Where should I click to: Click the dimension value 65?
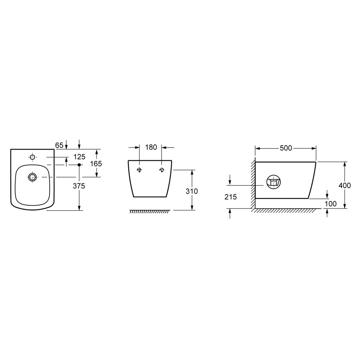click(x=59, y=145)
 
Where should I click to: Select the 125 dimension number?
click(x=80, y=157)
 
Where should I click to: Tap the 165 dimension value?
click(x=96, y=164)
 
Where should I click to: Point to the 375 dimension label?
click(x=79, y=186)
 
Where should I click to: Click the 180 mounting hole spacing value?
click(x=151, y=147)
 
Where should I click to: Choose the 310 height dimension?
click(x=192, y=191)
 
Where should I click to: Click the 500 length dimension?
click(x=286, y=148)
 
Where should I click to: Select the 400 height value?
click(x=345, y=185)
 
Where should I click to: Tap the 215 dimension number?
click(x=230, y=197)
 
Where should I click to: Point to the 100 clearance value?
click(x=331, y=204)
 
